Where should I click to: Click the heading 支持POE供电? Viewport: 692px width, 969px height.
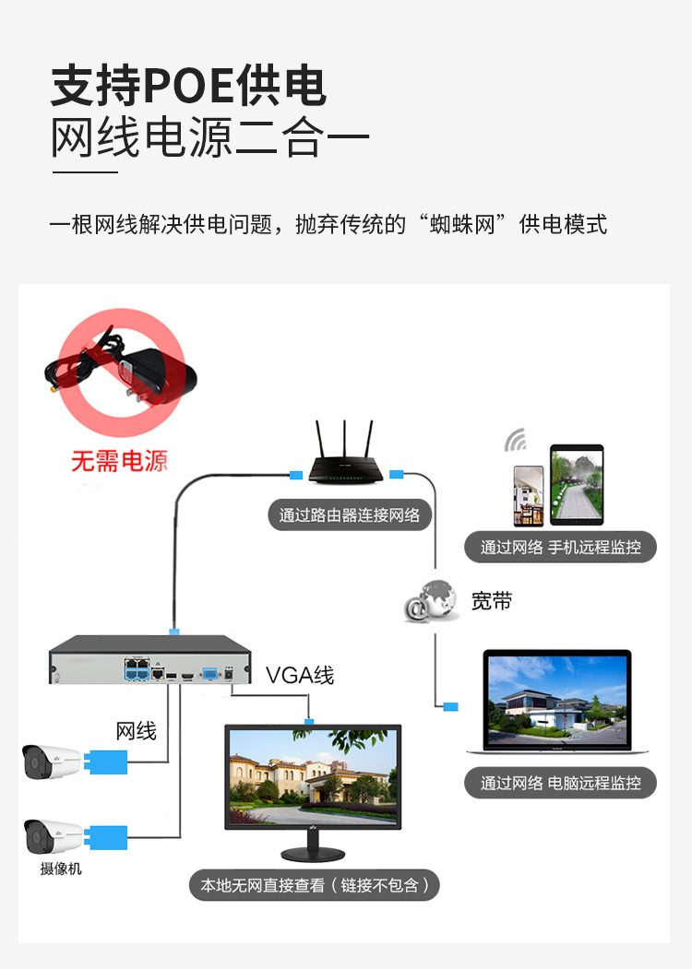188,87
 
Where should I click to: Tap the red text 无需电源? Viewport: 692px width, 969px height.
119,460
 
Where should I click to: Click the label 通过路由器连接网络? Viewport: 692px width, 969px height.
350,514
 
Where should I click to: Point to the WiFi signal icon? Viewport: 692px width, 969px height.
515,440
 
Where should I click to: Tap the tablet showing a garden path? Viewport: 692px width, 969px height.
577,486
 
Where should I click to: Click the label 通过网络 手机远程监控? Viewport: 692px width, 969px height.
560,547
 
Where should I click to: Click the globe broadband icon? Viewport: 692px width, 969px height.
432,602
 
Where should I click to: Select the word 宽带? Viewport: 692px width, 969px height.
491,601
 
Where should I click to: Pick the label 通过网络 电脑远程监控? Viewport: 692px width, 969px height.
560,783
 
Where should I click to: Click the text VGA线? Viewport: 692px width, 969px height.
300,675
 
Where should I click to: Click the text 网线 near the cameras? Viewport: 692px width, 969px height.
136,731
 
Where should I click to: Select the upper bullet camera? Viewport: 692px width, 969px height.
53,761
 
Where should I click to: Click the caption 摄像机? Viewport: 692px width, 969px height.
61,868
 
